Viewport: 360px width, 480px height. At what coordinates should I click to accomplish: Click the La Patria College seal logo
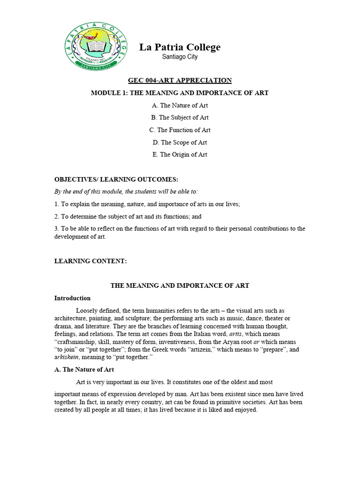coord(94,46)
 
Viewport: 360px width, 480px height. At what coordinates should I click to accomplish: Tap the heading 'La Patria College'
coord(180,47)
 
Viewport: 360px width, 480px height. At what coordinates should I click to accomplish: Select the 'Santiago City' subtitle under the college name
coord(180,57)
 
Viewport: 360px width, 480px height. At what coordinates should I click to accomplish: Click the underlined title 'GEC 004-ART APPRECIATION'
coord(180,81)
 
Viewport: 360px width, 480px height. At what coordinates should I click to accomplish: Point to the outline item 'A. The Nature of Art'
coord(180,105)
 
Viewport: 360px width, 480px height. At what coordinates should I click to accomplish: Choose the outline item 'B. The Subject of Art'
coord(180,118)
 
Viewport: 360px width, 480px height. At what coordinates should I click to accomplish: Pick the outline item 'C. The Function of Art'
coord(180,130)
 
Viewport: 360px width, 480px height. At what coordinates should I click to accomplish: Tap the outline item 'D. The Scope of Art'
coord(180,142)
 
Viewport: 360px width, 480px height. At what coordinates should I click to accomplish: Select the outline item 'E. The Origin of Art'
coord(180,154)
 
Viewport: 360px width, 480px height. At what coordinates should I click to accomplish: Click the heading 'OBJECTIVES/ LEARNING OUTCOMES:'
coord(116,180)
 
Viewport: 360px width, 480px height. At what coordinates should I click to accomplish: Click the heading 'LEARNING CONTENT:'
coord(90,261)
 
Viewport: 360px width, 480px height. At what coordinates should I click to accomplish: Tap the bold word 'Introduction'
coord(72,298)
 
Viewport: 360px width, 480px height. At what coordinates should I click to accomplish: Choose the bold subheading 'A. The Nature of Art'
coord(84,370)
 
